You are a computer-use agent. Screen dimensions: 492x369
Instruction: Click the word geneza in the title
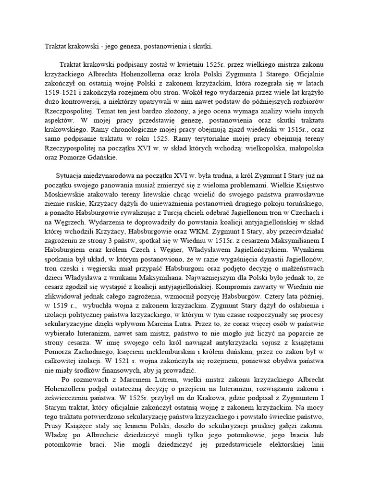coord(126,46)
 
